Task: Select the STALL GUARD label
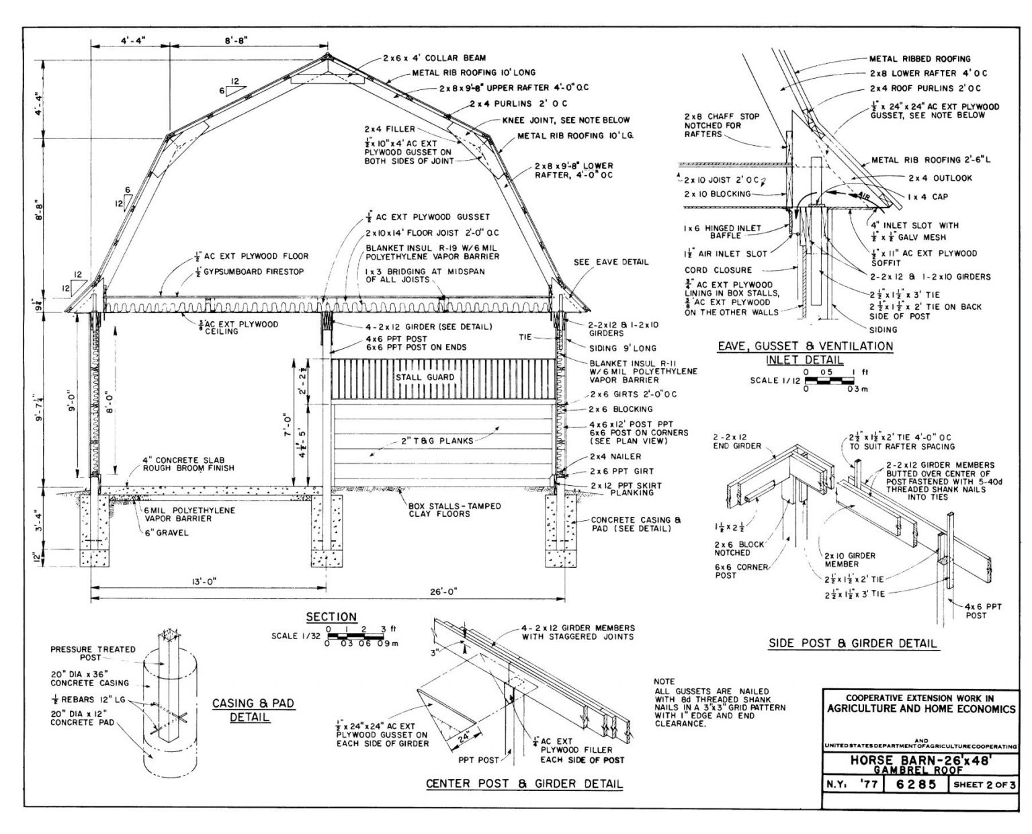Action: pyautogui.click(x=424, y=377)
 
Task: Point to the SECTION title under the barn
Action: pyautogui.click(x=331, y=617)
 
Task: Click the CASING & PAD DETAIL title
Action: pyautogui.click(x=253, y=710)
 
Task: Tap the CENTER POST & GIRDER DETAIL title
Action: pyautogui.click(x=524, y=784)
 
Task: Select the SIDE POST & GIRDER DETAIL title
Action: pyautogui.click(x=852, y=643)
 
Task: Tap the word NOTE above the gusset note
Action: pyautogui.click(x=664, y=681)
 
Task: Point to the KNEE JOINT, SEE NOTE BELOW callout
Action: pyautogui.click(x=566, y=120)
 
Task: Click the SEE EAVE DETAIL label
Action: pyautogui.click(x=611, y=261)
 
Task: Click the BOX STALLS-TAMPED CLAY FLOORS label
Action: pyautogui.click(x=454, y=510)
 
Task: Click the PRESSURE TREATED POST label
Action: pyautogui.click(x=93, y=653)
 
